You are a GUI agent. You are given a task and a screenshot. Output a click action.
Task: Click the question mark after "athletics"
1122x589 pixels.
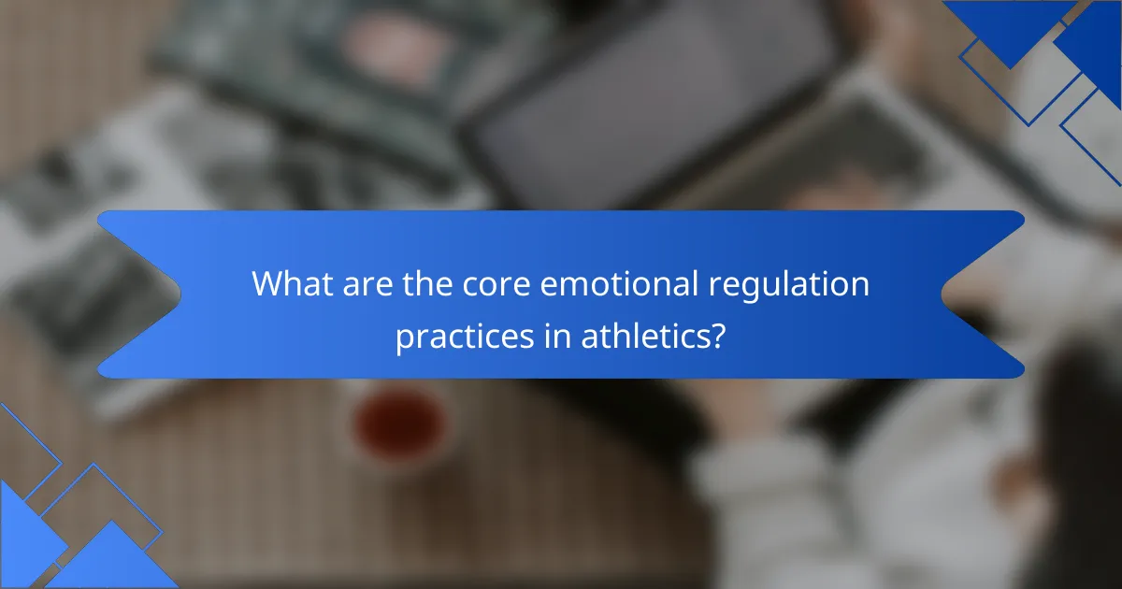pos(717,337)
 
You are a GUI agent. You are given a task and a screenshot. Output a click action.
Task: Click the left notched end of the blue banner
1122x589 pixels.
pos(131,294)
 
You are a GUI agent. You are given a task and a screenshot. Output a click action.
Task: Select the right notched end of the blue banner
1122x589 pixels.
pos(991,294)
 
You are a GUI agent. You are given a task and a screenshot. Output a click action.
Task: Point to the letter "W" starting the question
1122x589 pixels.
pos(266,284)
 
